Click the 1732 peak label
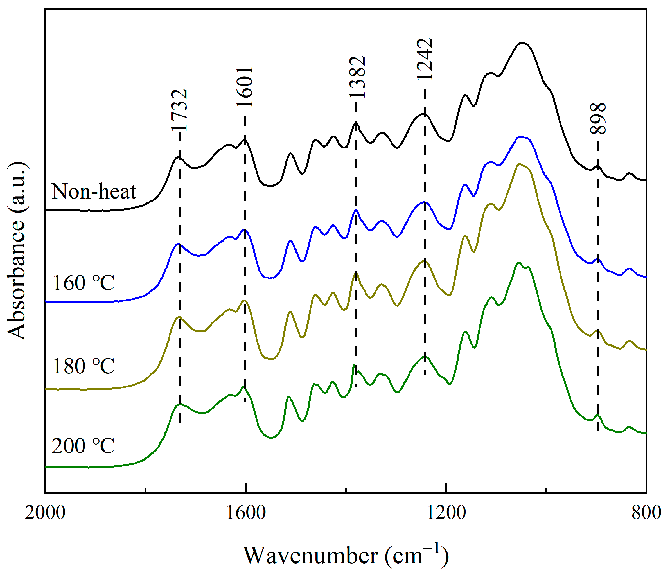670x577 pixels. (179, 110)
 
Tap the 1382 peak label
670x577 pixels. (357, 77)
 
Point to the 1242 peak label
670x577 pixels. (425, 58)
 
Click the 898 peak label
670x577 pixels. (597, 118)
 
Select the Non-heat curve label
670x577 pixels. (94, 191)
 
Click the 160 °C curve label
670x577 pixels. (83, 283)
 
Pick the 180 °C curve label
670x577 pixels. (83, 366)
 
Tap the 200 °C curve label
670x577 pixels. (83, 446)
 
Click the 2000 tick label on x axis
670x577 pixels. (45, 513)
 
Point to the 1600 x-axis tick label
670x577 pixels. (246, 513)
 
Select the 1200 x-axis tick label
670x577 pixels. (446, 513)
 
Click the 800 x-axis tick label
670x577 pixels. (646, 513)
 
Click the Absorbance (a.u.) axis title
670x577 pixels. (16, 251)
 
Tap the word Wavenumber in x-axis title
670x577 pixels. (310, 556)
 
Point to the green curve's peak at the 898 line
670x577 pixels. (597, 415)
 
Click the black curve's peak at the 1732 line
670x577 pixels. (179, 157)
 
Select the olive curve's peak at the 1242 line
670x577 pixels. (424, 261)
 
